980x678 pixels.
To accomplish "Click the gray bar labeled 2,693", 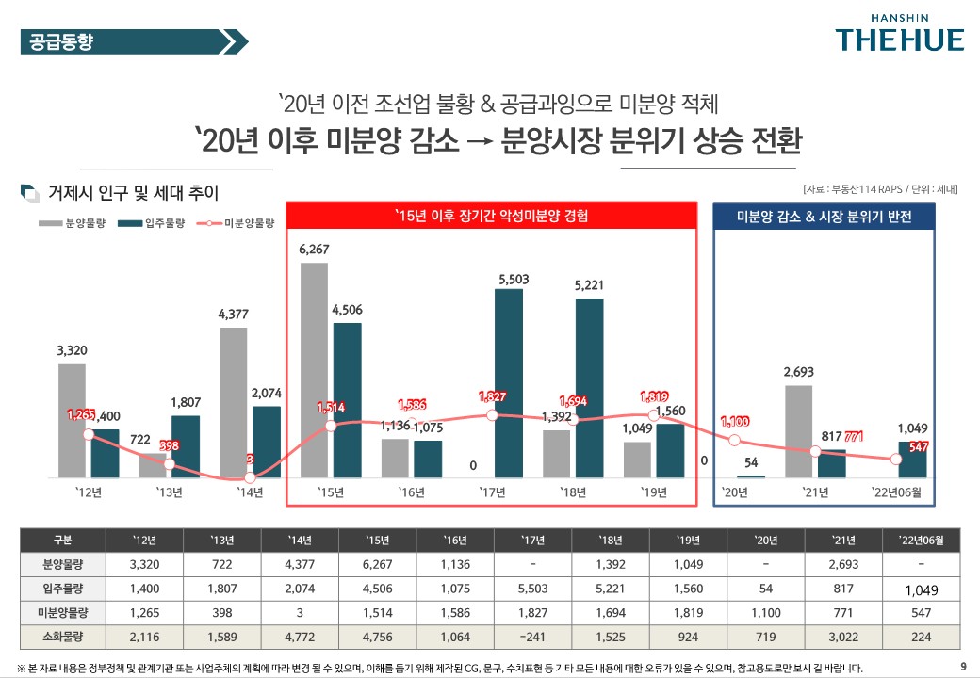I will [x=799, y=431].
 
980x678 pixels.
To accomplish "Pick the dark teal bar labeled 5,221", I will [x=589, y=388].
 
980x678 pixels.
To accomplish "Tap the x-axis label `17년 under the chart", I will [x=493, y=492].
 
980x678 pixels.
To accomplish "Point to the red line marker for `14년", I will [x=249, y=478].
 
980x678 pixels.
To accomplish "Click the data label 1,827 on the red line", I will [x=493, y=397].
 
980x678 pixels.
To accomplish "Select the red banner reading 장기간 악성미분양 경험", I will [x=491, y=216].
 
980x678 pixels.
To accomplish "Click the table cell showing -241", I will [x=532, y=636].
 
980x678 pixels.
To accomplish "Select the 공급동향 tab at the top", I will [x=62, y=41].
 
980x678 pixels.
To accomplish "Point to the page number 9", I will [x=962, y=668].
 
